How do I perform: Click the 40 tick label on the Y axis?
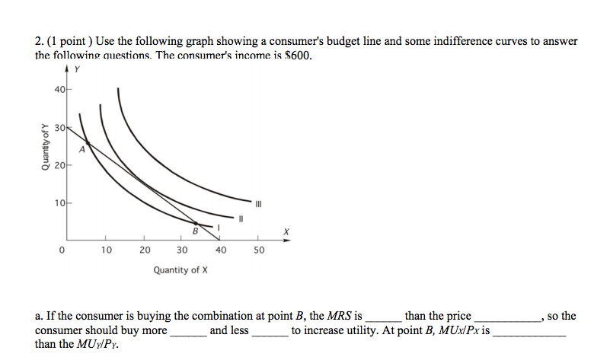(x=59, y=88)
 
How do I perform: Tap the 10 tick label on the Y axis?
(x=59, y=203)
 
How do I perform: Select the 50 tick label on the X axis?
(x=258, y=250)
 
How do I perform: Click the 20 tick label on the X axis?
(x=145, y=250)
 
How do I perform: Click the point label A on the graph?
(x=93, y=150)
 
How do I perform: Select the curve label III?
(x=258, y=203)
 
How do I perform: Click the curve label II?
(x=241, y=218)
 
